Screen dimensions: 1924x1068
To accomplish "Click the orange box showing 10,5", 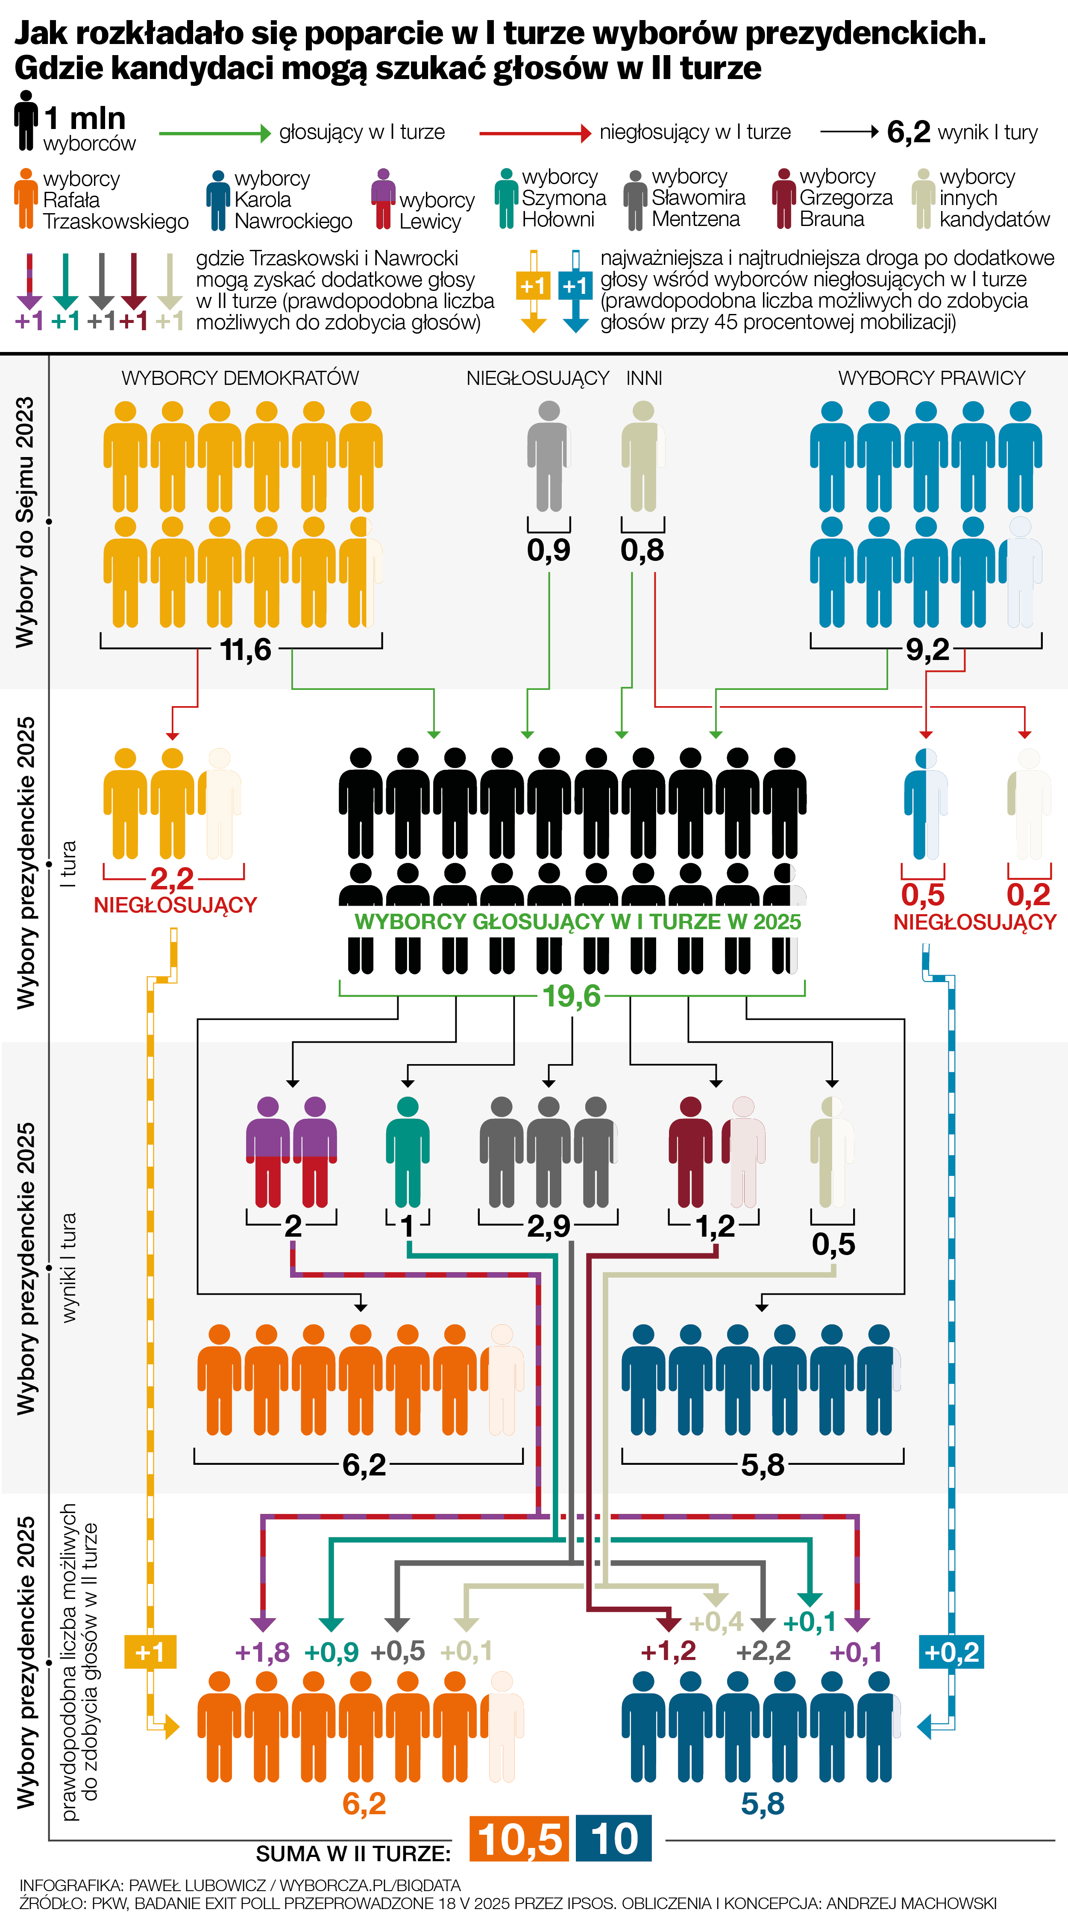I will point(518,1838).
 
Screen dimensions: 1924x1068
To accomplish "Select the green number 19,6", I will point(571,996).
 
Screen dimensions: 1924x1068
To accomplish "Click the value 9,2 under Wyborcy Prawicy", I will point(927,650).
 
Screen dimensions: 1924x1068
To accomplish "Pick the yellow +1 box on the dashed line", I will point(150,1651).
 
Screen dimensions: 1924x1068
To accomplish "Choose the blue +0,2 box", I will point(951,1651).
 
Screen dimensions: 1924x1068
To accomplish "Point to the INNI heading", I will point(644,378).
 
